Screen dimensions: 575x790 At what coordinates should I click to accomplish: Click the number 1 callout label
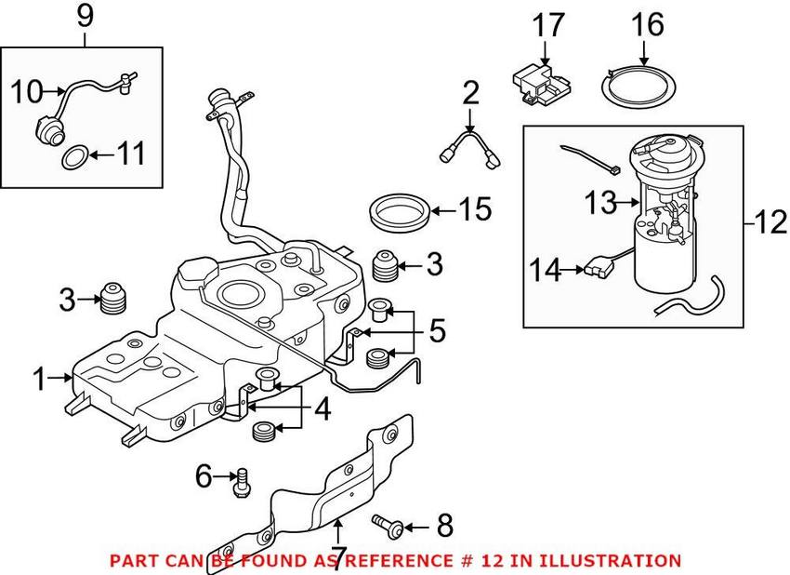click(x=38, y=378)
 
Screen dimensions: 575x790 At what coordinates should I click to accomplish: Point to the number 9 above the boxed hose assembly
click(x=85, y=16)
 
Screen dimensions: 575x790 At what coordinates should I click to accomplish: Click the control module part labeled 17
click(x=542, y=82)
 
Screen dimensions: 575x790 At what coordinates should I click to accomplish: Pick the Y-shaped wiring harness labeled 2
click(x=471, y=147)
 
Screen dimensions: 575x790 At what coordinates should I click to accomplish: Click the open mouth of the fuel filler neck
click(x=221, y=97)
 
